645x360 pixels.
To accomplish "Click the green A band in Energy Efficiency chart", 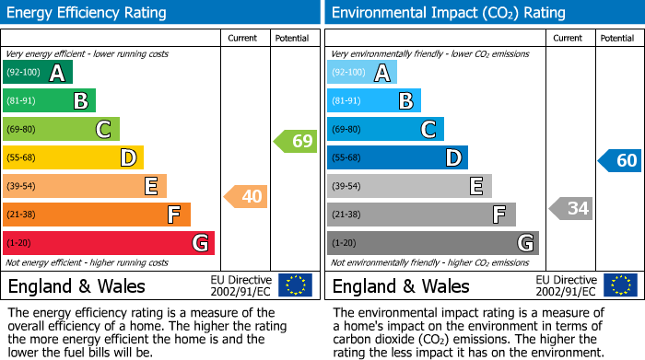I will click(38, 73).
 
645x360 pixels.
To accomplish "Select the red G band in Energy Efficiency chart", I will click(109, 243).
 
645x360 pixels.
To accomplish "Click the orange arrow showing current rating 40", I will click(246, 196).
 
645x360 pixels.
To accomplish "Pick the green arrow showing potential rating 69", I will click(296, 141).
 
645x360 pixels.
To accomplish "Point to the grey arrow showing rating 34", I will click(571, 208).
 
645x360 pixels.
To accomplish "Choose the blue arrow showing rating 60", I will click(620, 160).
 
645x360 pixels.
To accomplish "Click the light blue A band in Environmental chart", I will click(362, 73).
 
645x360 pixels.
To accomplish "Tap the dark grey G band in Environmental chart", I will click(433, 243).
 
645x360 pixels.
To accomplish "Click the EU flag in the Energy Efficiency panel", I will click(295, 285).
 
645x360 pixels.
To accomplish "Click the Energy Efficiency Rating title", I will click(88, 13).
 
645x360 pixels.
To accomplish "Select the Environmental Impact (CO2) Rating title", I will click(448, 13).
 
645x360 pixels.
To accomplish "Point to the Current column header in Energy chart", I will click(242, 39).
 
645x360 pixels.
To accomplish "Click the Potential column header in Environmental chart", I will click(616, 39).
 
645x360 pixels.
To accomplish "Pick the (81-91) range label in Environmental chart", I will click(347, 101).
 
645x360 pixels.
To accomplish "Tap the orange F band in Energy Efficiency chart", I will click(97, 215).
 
